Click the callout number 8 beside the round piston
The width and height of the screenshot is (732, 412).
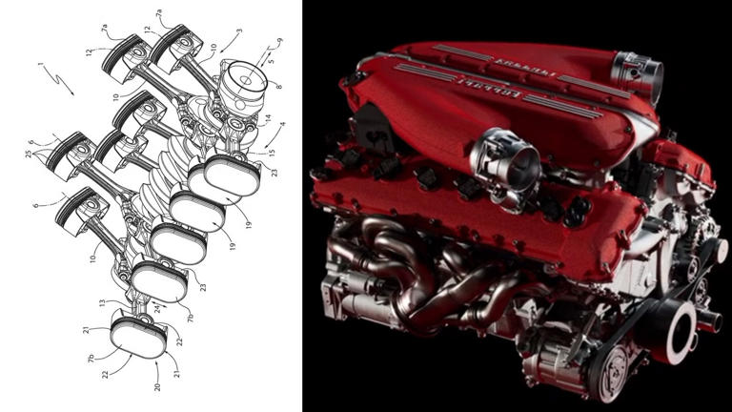click(x=278, y=86)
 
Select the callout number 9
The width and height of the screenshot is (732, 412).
click(x=279, y=41)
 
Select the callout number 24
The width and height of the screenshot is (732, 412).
click(x=158, y=308)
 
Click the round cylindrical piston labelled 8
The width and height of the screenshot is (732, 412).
click(x=242, y=88)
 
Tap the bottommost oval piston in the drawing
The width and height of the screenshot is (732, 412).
click(x=139, y=338)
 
